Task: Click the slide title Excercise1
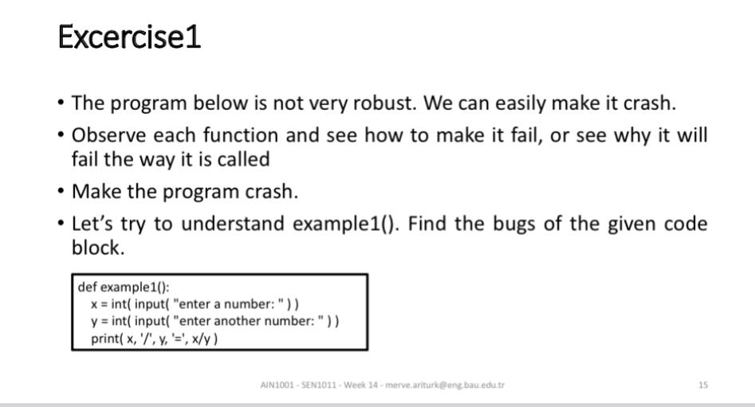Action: [130, 37]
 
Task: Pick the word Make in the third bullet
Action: [92, 192]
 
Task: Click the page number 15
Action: [702, 385]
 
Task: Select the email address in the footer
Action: [444, 385]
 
